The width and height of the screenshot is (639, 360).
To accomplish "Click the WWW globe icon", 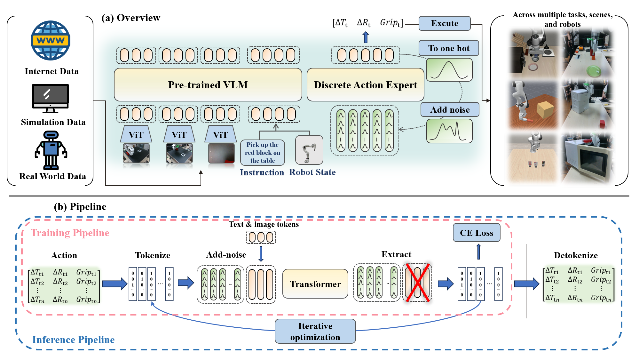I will point(51,41).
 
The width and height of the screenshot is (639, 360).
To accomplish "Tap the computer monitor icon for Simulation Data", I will point(50,98).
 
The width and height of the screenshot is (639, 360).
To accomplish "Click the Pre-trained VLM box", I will point(208,85).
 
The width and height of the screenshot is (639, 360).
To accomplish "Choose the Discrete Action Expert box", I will point(365,85).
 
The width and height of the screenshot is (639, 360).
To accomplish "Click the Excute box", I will point(444,23).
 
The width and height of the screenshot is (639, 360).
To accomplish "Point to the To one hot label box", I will point(449,48).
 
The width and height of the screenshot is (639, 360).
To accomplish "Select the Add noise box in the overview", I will point(450,110).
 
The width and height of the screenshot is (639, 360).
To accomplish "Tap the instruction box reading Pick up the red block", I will point(262,153).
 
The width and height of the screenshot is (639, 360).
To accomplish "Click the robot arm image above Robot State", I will point(309,150).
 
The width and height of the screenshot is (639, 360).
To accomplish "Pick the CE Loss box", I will point(476,233).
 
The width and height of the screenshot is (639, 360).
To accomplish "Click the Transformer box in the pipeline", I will point(315,284).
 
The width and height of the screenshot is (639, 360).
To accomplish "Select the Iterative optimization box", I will point(315,332).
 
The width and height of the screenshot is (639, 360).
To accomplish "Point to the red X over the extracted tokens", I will point(417,283).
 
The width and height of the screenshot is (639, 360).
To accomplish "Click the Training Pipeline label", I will point(70,233).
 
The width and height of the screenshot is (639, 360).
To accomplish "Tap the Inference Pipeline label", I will point(73,340).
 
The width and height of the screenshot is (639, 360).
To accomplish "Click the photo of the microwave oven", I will point(587,158).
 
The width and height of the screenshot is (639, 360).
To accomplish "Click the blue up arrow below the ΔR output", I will point(366,37).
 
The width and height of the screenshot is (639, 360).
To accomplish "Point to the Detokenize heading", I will point(575,255).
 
